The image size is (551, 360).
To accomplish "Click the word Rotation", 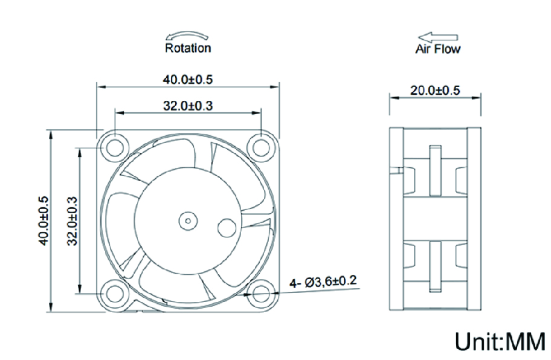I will tap(188, 48).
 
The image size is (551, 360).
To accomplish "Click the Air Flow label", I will tap(437, 49).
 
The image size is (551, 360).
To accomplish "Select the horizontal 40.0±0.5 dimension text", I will tap(188, 79).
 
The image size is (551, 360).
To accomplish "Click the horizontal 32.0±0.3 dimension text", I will tap(188, 106).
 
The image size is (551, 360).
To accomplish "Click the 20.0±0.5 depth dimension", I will tap(435, 91).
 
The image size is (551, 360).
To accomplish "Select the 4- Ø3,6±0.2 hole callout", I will tap(323, 281).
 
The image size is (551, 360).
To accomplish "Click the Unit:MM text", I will tap(500, 341).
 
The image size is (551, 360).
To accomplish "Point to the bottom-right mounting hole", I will tap(261, 294).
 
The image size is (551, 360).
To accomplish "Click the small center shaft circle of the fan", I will tap(188, 220).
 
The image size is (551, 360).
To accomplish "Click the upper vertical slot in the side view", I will tap(435, 171).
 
